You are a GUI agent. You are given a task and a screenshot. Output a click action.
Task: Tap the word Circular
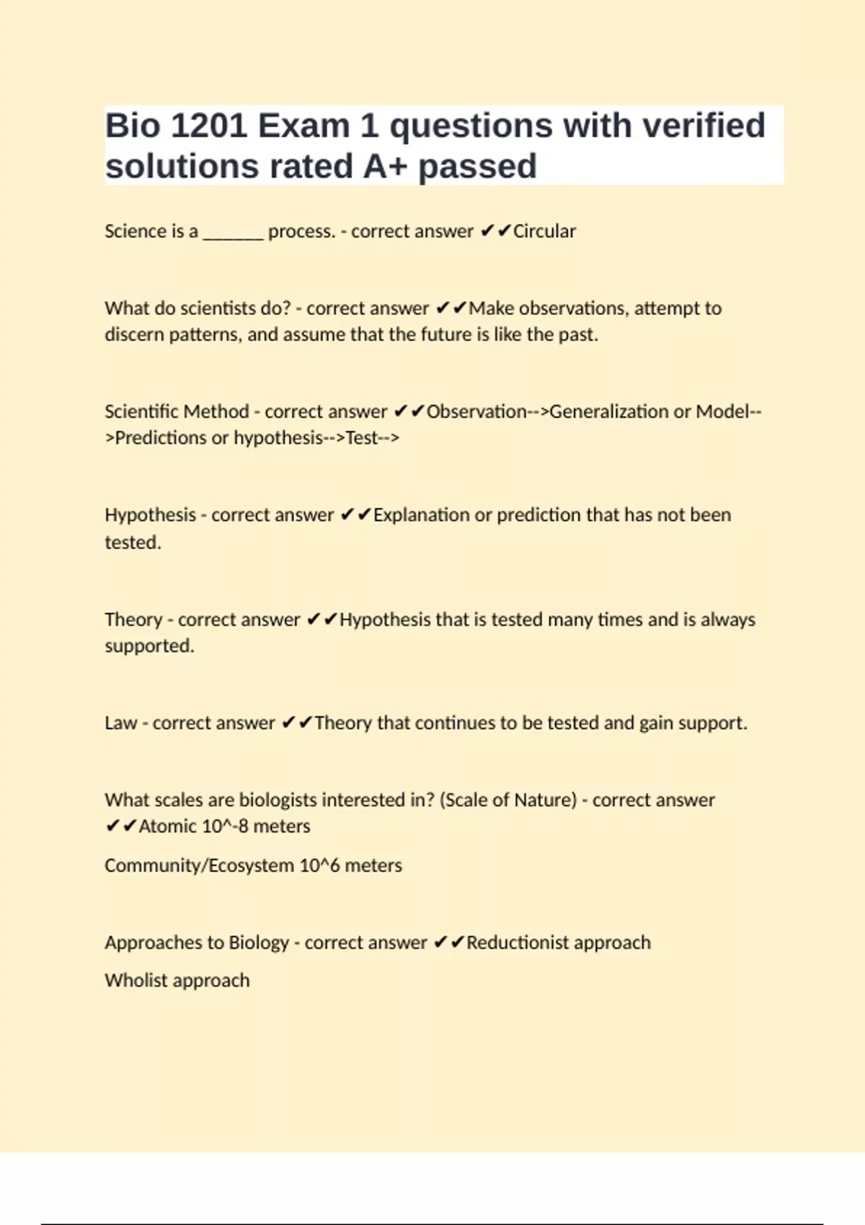(544, 231)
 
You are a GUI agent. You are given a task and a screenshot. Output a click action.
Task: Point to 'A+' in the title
(384, 166)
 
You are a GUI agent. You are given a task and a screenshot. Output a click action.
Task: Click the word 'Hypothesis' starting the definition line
(150, 515)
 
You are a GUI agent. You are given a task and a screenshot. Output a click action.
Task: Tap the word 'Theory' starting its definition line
(133, 620)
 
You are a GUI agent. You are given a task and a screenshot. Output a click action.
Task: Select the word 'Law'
(120, 723)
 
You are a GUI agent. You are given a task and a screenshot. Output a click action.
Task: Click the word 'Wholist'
(136, 981)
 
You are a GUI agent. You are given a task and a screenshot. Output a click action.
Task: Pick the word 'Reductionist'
(518, 943)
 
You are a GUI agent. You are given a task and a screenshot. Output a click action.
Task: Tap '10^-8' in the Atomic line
(226, 827)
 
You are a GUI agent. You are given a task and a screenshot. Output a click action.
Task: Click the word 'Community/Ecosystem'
(199, 865)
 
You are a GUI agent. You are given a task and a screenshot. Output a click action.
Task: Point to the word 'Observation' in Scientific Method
(476, 411)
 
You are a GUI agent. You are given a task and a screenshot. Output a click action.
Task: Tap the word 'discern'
(134, 335)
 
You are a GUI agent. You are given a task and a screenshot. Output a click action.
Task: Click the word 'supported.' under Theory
(149, 646)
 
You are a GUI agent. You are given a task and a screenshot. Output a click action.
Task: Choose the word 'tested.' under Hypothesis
(133, 543)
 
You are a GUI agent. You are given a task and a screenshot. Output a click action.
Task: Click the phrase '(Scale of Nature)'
(508, 800)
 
